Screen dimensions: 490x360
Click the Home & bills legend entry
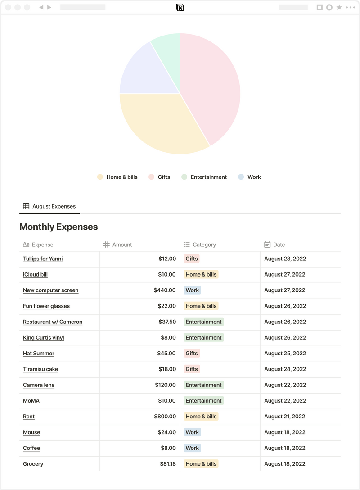click(x=117, y=177)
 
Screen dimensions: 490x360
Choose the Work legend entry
click(x=250, y=177)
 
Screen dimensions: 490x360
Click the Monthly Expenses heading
click(x=58, y=227)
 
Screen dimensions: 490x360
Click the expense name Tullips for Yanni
click(x=43, y=259)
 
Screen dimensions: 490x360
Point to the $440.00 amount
click(x=165, y=290)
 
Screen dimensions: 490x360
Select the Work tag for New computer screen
click(x=192, y=290)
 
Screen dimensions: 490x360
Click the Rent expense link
click(x=29, y=417)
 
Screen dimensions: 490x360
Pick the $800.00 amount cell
click(x=165, y=417)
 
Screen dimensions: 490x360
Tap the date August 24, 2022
click(x=285, y=369)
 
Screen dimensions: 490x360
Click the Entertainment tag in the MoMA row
click(x=203, y=400)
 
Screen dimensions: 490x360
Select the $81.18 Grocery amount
click(x=168, y=464)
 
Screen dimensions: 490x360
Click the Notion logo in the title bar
click(x=180, y=7)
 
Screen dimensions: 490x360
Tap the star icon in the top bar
click(x=339, y=7)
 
